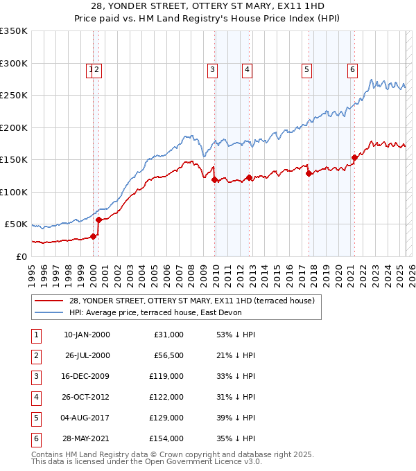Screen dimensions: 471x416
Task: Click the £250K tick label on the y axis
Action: click(14, 96)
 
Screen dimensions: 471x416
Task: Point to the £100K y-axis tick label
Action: click(14, 192)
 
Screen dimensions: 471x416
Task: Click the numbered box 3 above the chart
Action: click(212, 69)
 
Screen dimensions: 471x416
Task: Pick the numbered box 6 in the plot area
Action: click(353, 69)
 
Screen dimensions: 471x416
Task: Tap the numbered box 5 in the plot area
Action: click(306, 69)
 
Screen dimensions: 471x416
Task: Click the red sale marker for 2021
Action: click(354, 157)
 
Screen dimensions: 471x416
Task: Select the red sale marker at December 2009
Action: click(214, 180)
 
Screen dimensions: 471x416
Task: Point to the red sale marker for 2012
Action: click(249, 178)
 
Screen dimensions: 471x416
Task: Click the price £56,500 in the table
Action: click(168, 355)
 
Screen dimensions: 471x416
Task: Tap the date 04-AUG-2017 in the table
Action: click(86, 418)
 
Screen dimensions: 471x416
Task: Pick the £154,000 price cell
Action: click(168, 438)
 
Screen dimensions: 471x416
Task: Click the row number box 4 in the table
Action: click(35, 397)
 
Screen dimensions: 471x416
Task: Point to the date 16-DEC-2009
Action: click(86, 376)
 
